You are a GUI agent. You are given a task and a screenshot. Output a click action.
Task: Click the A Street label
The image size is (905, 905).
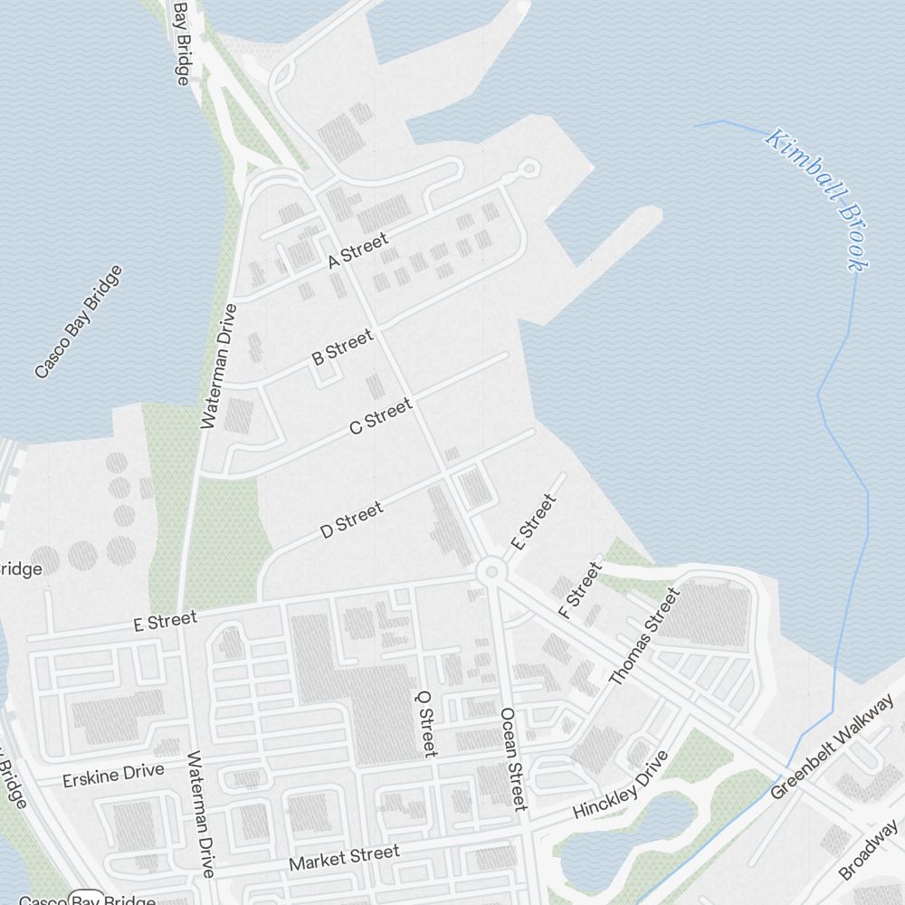(x=358, y=250)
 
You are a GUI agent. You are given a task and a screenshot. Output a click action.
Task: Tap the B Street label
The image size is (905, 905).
(x=342, y=348)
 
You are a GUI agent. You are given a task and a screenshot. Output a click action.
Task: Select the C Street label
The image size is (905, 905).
(x=380, y=415)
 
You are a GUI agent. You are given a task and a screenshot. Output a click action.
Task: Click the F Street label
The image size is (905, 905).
(x=580, y=591)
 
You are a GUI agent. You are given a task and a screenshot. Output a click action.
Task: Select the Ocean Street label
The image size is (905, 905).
(x=512, y=758)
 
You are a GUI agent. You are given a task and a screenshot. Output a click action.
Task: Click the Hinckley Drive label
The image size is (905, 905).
(x=621, y=785)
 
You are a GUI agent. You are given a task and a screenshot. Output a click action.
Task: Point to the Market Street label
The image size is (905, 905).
(x=344, y=858)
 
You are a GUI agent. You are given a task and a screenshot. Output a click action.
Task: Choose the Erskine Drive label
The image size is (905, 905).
(x=114, y=775)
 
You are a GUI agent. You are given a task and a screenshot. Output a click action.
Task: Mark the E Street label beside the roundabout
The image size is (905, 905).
(x=532, y=522)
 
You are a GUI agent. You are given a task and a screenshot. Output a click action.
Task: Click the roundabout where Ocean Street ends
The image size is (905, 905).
(x=491, y=571)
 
